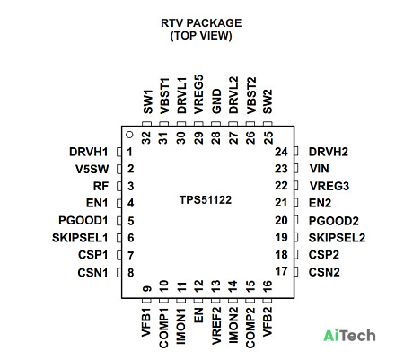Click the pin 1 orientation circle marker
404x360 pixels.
pos(129,135)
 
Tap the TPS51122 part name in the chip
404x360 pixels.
pos(206,200)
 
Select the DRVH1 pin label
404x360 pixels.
pos(88,152)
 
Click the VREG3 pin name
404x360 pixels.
pos(329,186)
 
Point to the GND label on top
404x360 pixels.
pos(216,101)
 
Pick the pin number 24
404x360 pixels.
pos(281,152)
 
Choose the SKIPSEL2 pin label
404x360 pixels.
pos(337,238)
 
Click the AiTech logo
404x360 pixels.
pos(349,335)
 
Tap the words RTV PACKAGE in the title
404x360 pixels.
pos(201,23)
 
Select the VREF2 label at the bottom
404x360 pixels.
pos(216,326)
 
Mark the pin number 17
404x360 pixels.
pos(281,271)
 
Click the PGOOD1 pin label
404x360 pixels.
pos(83,221)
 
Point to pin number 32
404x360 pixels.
pos(146,138)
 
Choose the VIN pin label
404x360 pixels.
pos(320,169)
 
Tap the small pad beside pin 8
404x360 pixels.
pos(119,272)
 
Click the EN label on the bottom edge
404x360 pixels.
pos(198,315)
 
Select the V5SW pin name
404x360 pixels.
pos(92,169)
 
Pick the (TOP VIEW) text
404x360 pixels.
pos(201,36)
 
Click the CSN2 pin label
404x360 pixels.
pos(324,272)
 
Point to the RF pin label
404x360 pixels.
pos(101,186)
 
